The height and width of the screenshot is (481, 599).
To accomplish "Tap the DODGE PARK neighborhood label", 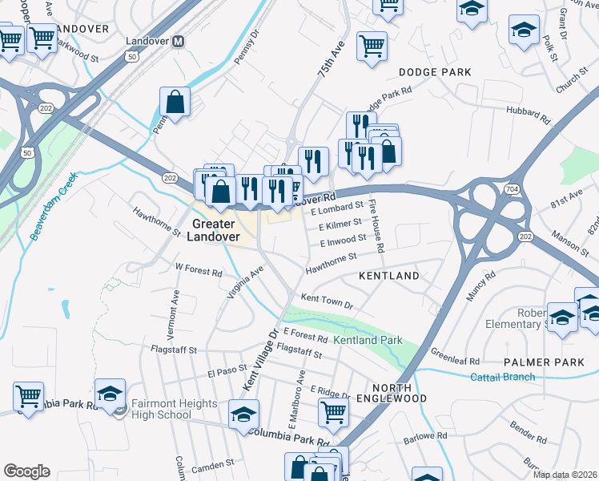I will coord(435,72).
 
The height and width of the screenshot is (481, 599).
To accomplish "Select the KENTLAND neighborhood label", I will coord(388,276).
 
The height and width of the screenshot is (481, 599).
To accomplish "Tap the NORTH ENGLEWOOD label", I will coord(391,391).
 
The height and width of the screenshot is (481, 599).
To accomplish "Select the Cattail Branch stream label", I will coord(502,376).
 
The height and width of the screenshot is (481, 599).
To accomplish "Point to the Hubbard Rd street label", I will coord(528,115).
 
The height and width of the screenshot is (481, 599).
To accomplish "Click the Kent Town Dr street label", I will coord(327,298).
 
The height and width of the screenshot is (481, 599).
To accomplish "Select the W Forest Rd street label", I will coord(199,271).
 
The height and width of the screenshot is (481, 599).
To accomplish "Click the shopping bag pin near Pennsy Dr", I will coord(175,103).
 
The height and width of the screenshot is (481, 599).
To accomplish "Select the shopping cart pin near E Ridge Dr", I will coord(333,413).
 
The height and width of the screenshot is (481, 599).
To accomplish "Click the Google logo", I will coord(26,471).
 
